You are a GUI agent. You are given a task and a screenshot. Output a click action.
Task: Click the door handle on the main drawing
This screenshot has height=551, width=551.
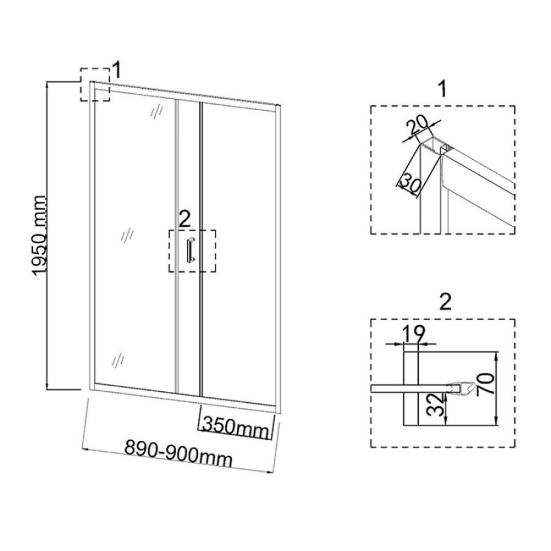pos(190,250)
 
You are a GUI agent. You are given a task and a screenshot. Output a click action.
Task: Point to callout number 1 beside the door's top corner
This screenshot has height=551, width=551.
pos(117,70)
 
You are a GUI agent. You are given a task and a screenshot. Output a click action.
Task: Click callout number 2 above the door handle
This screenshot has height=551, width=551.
pos(184,219)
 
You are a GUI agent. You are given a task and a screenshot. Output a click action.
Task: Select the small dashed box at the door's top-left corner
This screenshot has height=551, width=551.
pos(95,84)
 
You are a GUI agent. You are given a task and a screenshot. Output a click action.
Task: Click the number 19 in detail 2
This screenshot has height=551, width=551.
pos(414,334)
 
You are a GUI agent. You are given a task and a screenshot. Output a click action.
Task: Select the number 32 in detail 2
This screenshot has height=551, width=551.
pos(437,405)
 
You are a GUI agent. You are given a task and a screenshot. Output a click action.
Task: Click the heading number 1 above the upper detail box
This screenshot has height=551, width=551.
pos(443,89)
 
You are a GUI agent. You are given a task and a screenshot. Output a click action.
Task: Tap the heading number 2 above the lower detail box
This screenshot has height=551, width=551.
pos(445,301)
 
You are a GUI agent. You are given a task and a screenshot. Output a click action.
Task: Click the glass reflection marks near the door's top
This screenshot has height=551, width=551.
pos(157,111)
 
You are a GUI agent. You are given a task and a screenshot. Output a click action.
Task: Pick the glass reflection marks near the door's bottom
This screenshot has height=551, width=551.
pos(118,359)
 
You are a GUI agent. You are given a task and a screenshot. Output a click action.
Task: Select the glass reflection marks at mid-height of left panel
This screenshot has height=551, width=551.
pos(127,234)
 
